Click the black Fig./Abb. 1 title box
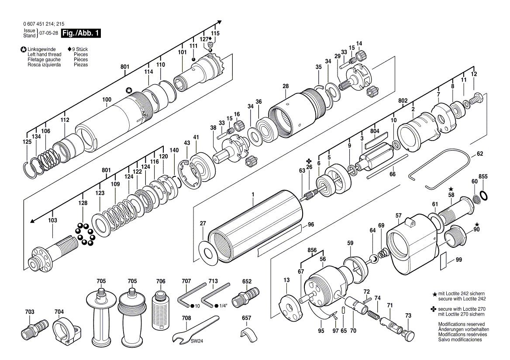click(x=81, y=33)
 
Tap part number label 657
click(x=247, y=318)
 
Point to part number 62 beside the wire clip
click(x=480, y=154)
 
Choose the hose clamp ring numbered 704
click(x=65, y=330)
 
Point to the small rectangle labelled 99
click(x=443, y=262)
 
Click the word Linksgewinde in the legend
click(x=41, y=49)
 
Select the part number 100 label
click(x=107, y=100)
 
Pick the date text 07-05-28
click(x=48, y=33)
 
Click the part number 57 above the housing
click(x=398, y=216)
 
